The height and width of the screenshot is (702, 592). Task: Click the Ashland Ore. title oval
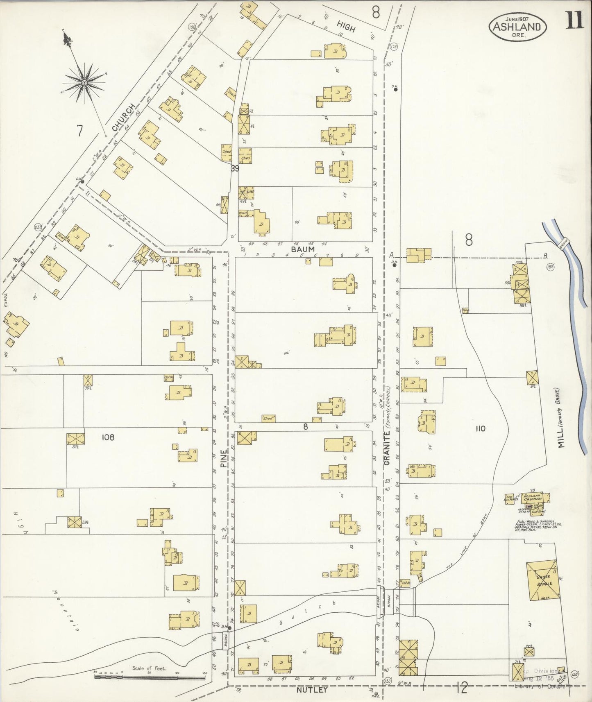click(519, 27)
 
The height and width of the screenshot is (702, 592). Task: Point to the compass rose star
click(84, 82)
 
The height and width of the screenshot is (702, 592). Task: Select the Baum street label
click(303, 249)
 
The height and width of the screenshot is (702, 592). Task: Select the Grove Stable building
click(542, 581)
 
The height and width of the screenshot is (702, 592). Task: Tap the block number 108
click(108, 437)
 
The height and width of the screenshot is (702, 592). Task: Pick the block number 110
click(481, 429)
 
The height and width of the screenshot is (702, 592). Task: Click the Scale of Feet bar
click(150, 677)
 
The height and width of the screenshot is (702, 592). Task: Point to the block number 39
click(235, 168)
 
